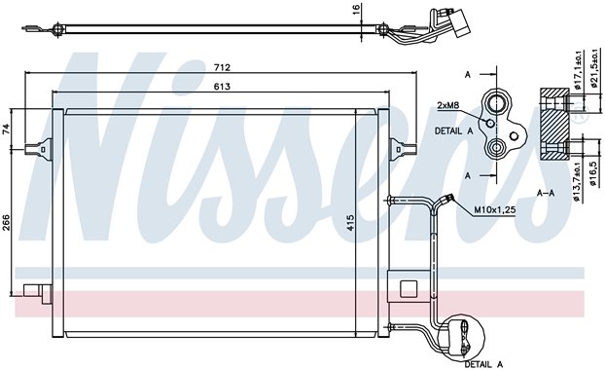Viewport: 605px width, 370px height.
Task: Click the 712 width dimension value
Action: coord(222,67)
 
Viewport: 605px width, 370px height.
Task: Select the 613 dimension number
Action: coord(222,87)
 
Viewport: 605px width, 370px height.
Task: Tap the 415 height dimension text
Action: coord(350,223)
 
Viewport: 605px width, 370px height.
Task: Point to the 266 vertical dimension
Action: coord(7,223)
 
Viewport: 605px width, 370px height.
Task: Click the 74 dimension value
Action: coord(7,129)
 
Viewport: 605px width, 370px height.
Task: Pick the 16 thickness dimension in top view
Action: coord(356,9)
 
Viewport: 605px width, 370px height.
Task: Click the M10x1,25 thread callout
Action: coord(495,210)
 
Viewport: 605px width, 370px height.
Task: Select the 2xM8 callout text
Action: coord(448,105)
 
